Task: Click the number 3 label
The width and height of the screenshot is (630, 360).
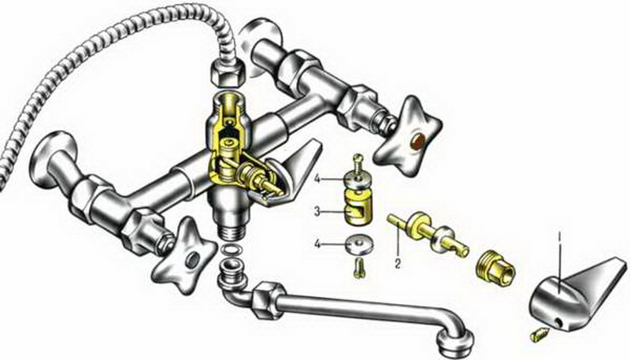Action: point(317,212)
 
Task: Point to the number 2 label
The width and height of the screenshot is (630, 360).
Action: point(398,264)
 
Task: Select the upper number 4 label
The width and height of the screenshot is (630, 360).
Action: point(317,179)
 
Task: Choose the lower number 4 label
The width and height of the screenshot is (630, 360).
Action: point(317,244)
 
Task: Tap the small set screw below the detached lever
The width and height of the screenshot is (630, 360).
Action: point(539,333)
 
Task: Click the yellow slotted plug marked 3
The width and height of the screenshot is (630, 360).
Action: point(359,208)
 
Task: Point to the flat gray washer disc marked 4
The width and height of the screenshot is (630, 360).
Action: point(359,245)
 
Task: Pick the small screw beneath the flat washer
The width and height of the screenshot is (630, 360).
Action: point(358,267)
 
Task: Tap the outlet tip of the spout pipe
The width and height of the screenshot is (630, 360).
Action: point(456,342)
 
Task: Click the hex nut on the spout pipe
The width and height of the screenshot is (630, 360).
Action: point(265,299)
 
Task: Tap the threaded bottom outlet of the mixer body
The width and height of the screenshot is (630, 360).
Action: point(231,231)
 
